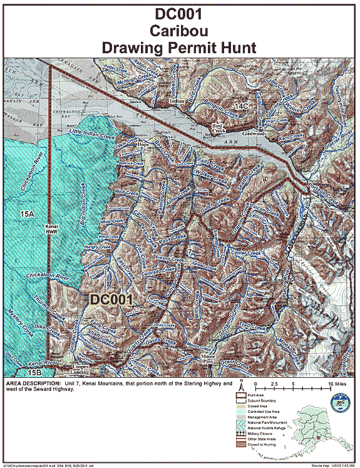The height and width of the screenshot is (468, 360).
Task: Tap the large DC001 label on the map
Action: pos(111,299)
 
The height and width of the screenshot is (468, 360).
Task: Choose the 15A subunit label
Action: pos(26,214)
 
